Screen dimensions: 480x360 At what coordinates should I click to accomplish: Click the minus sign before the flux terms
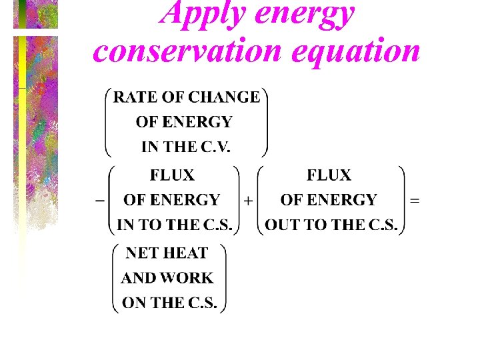click(100, 200)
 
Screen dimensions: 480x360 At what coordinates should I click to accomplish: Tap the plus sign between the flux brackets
click(248, 201)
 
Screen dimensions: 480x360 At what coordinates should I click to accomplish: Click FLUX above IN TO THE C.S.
click(172, 175)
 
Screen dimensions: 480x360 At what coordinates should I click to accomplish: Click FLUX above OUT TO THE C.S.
click(329, 175)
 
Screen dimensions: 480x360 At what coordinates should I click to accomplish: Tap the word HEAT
click(185, 253)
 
